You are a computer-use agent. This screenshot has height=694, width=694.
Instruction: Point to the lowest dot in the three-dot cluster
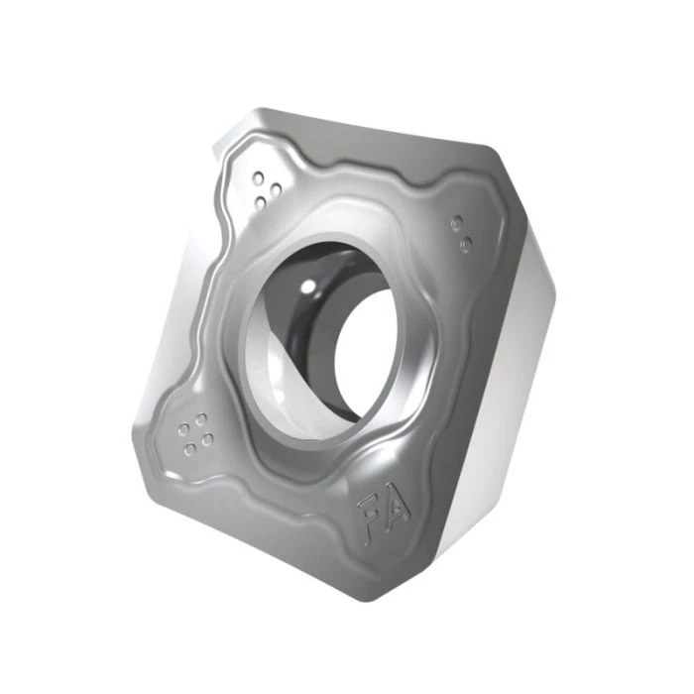point(261,202)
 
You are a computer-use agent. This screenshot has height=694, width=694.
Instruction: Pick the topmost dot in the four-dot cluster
point(200,418)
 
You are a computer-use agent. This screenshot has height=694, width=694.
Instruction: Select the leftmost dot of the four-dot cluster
point(183,430)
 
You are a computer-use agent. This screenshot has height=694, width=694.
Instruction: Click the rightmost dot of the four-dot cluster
point(209,435)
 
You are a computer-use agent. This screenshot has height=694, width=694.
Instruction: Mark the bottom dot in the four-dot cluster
point(191,450)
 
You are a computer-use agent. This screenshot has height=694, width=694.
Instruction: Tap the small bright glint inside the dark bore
point(308,287)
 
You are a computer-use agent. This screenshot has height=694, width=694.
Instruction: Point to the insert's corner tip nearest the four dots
point(139,436)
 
